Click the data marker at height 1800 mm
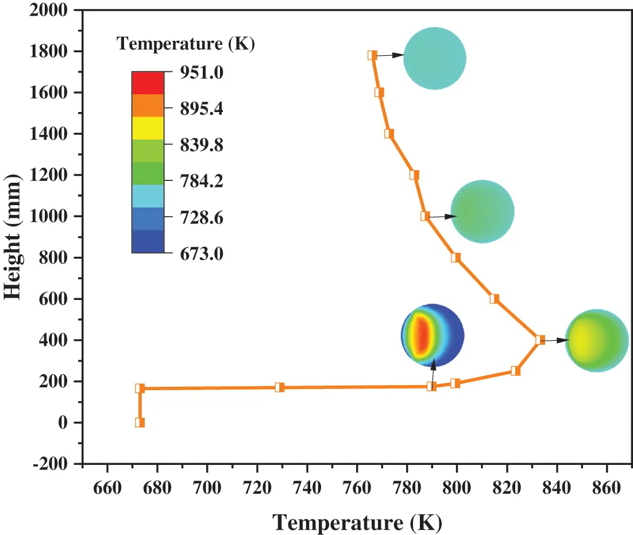pyautogui.click(x=372, y=55)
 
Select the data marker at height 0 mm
pyautogui.click(x=140, y=422)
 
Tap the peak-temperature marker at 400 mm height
pyautogui.click(x=540, y=340)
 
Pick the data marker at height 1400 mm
pyautogui.click(x=389, y=134)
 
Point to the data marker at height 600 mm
pyautogui.click(x=495, y=299)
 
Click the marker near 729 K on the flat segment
pyautogui.click(x=280, y=387)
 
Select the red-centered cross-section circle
pyautogui.click(x=433, y=335)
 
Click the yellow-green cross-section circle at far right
pyautogui.click(x=597, y=340)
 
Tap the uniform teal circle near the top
pyautogui.click(x=434, y=58)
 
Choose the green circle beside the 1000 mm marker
pyautogui.click(x=482, y=211)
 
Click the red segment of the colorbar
pyautogui.click(x=148, y=83)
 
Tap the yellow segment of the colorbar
pyautogui.click(x=148, y=128)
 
